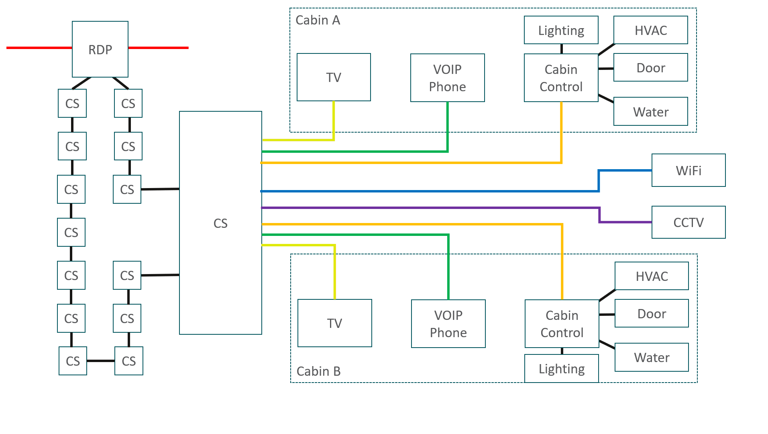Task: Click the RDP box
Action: click(100, 49)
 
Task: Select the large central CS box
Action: click(220, 223)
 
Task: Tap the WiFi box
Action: click(689, 170)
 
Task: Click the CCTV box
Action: click(689, 222)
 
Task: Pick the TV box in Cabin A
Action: click(334, 77)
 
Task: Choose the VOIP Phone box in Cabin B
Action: click(448, 323)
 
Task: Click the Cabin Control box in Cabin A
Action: click(561, 78)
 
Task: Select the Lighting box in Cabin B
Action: click(562, 368)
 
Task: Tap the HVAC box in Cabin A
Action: click(651, 30)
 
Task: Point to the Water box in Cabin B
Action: click(652, 357)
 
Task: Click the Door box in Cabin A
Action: click(651, 68)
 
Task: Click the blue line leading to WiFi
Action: click(430, 191)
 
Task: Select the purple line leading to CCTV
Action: click(430, 208)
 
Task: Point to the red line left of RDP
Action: click(39, 48)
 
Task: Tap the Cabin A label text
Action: click(318, 20)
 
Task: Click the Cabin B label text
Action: click(318, 371)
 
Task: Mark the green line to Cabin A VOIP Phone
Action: click(355, 151)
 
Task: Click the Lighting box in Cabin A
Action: click(561, 30)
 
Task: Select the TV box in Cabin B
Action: click(335, 323)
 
